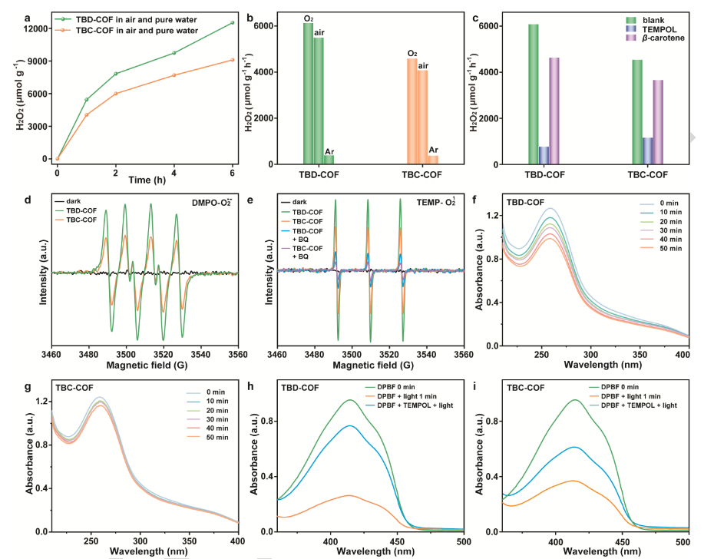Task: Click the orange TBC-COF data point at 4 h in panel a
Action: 174,74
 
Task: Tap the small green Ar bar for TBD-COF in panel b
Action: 329,160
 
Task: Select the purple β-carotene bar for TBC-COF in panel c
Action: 656,122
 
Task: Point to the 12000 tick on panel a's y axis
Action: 37,28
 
